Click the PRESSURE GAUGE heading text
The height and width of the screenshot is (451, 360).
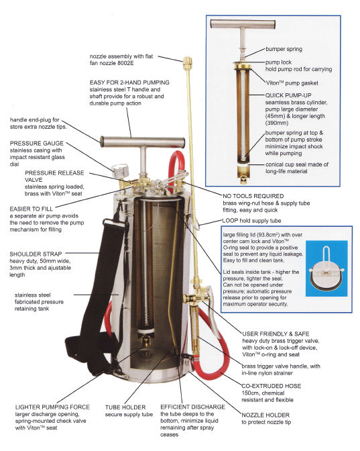pyautogui.click(x=36, y=143)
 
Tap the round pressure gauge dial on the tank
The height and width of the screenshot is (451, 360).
pyautogui.click(x=119, y=170)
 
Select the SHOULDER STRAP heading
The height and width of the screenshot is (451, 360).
pyautogui.click(x=36, y=254)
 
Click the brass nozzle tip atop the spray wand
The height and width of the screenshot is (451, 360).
pyautogui.click(x=187, y=61)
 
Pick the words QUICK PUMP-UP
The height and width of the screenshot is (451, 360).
pyautogui.click(x=288, y=95)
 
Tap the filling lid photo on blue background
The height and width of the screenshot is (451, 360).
pyautogui.click(x=326, y=268)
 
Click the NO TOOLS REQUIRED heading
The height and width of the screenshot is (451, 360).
pyautogui.click(x=253, y=196)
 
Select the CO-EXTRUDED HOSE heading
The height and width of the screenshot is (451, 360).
pyautogui.click(x=272, y=386)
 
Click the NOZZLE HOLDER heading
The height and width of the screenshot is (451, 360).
pyautogui.click(x=265, y=415)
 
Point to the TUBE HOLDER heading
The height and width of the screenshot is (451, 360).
pyautogui.click(x=125, y=407)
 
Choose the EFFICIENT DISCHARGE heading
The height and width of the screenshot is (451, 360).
pyautogui.click(x=192, y=407)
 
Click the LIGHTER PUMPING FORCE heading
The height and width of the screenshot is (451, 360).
pyautogui.click(x=52, y=407)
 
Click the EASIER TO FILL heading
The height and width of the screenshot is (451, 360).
pyautogui.click(x=32, y=209)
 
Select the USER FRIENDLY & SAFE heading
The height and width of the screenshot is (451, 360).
pyautogui.click(x=276, y=334)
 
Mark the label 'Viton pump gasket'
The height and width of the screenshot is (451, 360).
pyautogui.click(x=292, y=83)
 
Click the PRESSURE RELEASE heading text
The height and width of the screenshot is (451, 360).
pyautogui.click(x=54, y=173)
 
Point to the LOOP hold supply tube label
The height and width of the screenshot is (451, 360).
pyautogui.click(x=251, y=221)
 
